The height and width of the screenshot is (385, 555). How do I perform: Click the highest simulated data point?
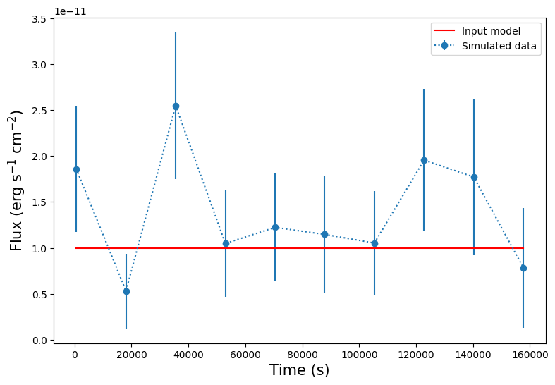(x=176, y=106)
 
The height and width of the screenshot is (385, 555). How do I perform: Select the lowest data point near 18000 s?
(x=126, y=291)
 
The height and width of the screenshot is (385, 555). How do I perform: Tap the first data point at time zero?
(x=76, y=169)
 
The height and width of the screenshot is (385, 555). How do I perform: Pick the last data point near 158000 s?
(x=523, y=268)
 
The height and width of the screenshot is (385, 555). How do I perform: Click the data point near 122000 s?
(x=424, y=160)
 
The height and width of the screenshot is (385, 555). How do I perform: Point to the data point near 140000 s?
(x=474, y=177)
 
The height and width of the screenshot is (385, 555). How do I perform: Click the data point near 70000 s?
(x=275, y=227)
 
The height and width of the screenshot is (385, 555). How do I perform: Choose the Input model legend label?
(x=491, y=31)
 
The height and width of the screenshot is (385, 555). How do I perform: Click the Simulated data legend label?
(x=499, y=47)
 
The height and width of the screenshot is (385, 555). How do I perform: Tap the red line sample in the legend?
(x=444, y=31)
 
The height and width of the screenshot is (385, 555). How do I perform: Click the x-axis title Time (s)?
(x=300, y=370)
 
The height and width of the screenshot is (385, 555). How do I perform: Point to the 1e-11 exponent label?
(x=71, y=11)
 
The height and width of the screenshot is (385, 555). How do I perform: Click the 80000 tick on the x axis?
(x=302, y=355)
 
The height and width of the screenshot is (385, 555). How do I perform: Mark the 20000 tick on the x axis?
(x=131, y=355)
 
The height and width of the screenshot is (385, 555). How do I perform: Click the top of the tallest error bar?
(x=176, y=32)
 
